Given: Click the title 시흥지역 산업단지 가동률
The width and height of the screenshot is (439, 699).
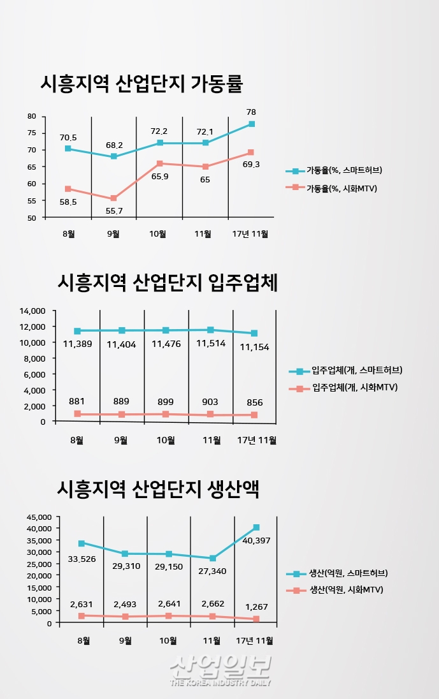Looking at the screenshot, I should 141,84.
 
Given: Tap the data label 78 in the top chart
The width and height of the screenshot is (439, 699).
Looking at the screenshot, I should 252,112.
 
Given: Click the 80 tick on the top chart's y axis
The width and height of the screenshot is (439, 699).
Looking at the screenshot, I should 32,117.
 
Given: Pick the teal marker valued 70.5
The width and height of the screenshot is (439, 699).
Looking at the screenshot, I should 68,149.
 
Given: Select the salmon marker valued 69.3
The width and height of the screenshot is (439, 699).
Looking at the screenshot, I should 251,152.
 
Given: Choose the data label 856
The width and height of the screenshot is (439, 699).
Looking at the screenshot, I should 254,402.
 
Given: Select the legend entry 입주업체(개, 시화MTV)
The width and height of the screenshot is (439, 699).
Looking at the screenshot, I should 354,387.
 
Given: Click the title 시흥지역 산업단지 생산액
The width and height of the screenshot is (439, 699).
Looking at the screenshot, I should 158,489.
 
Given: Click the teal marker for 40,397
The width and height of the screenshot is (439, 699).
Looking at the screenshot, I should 256,527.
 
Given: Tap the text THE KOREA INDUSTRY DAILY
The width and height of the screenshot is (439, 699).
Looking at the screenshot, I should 220,682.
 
